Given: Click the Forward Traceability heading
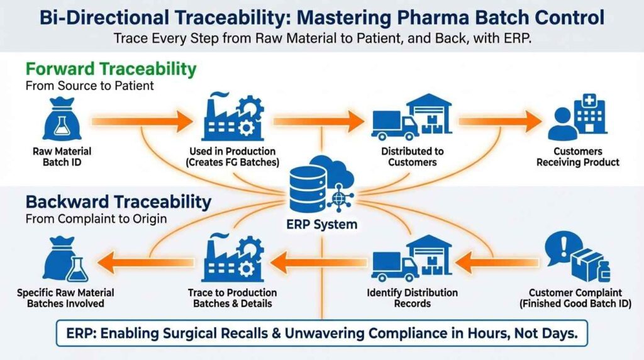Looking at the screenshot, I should [111, 68].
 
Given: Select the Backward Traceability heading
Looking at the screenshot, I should [118, 202].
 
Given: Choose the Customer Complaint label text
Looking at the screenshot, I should [575, 293].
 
